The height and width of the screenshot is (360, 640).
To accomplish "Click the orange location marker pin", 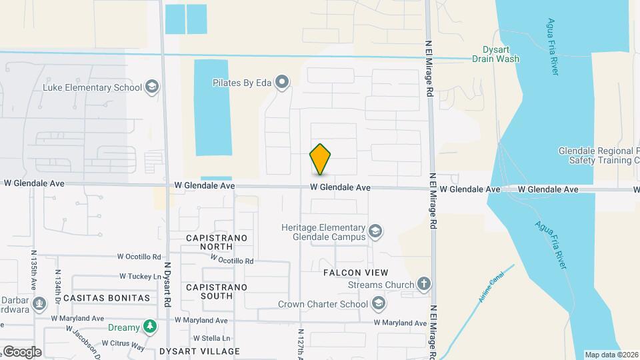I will pos(321,159).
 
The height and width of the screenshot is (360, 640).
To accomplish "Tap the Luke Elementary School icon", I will pos(152,87).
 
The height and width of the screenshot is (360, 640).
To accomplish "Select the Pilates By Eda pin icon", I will pos(283,83).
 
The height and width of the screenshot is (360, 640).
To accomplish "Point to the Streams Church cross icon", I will pos(424,285).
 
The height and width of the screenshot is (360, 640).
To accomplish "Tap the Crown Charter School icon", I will pos(379,305).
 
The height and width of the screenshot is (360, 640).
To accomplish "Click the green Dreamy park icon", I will pos(151,327).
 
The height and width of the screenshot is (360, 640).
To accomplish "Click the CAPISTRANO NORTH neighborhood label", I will pos(216,243).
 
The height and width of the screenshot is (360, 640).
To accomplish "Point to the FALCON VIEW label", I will pos(355,273).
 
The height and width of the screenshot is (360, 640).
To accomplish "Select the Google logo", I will pos(21,351).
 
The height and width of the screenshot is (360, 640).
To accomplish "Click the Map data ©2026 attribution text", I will pos(611,355).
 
